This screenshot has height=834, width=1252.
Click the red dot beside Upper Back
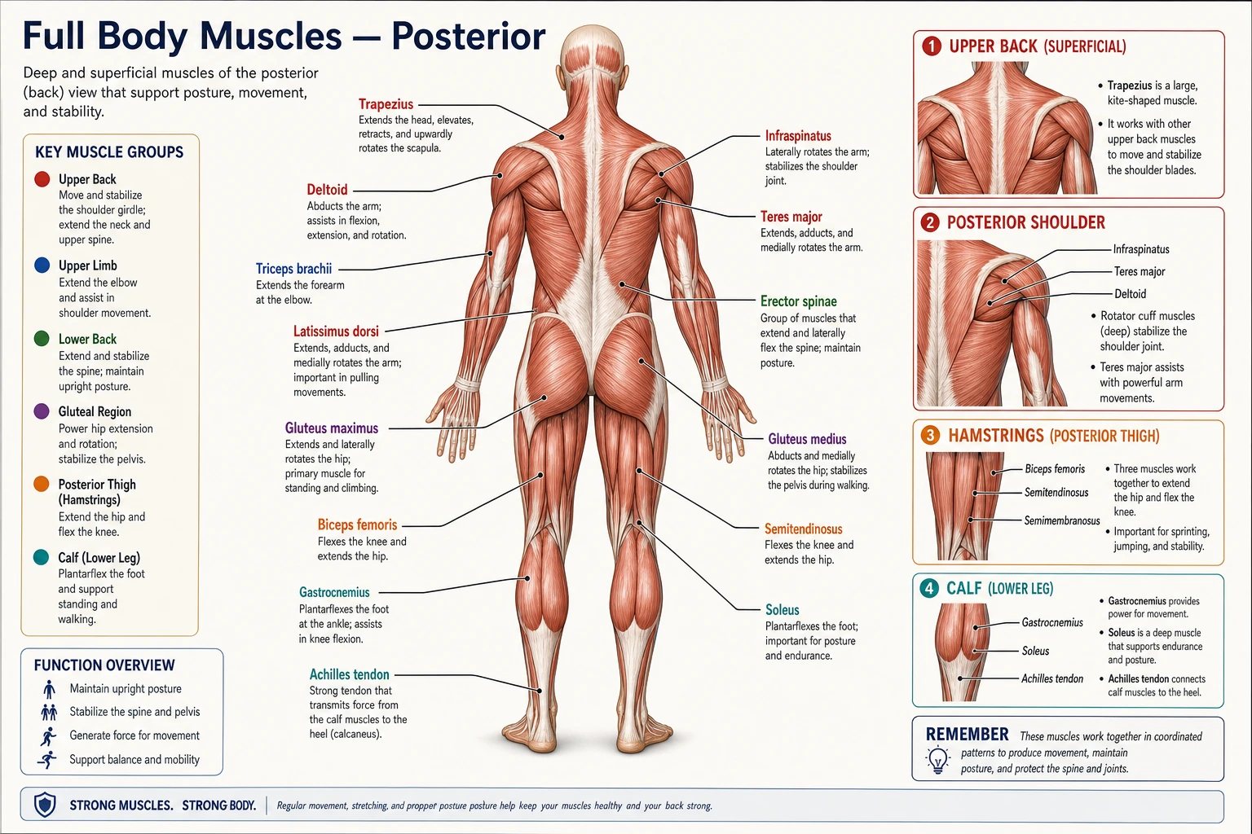point(42,178)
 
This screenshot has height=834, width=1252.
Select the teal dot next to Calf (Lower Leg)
point(41,557)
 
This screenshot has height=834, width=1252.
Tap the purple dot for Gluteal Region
point(42,411)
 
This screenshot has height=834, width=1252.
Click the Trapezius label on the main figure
point(386,104)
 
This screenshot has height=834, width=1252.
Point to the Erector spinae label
point(798,301)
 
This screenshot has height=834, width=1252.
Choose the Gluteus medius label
point(807,439)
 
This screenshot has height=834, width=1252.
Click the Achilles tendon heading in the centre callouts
point(350,674)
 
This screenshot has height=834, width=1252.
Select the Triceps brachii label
point(293,269)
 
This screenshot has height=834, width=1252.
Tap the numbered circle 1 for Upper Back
point(931,46)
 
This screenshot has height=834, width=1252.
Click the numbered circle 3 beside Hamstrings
point(930,435)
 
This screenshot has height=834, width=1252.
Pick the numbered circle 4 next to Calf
point(929,588)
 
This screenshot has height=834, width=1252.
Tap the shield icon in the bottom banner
point(45,805)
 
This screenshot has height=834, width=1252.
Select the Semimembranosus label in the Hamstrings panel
point(1061,520)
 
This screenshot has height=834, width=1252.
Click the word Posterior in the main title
point(469,37)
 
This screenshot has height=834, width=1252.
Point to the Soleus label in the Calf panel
point(1035,651)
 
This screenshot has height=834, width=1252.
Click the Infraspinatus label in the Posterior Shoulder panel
point(1141,250)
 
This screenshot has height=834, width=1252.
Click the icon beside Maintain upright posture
point(49,689)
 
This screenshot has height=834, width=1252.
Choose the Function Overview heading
point(104,665)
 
